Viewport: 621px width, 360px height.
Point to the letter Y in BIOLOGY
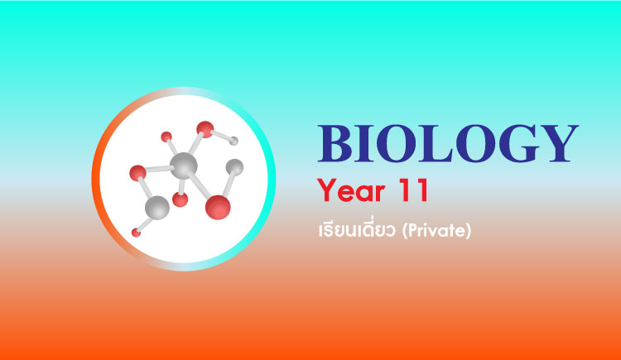click(559, 143)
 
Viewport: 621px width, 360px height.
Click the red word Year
click(351, 190)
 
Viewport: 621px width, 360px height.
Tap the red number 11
click(413, 190)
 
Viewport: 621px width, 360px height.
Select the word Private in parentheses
click(436, 231)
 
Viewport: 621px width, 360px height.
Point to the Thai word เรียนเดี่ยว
click(357, 229)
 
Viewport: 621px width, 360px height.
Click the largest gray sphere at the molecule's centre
click(183, 166)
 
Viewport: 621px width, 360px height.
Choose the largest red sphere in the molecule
click(218, 207)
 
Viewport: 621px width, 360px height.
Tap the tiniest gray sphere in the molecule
click(233, 141)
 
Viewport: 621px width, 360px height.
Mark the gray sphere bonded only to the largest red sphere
click(234, 167)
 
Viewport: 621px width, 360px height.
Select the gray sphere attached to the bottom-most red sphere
click(157, 208)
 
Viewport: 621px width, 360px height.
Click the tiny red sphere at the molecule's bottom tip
click(136, 233)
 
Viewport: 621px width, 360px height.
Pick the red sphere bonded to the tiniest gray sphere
click(205, 129)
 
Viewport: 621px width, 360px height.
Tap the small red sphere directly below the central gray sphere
click(181, 199)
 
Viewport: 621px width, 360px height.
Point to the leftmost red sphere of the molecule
click(137, 173)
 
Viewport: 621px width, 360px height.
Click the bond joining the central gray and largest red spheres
click(200, 185)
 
